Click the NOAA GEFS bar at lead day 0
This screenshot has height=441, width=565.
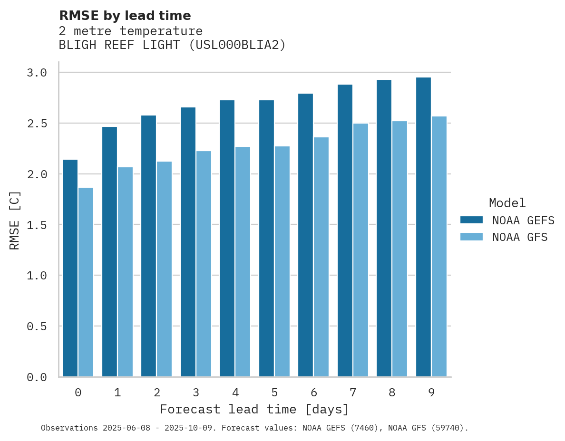[70, 268]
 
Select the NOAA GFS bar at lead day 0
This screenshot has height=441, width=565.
[86, 282]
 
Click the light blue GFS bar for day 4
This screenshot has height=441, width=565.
[243, 261]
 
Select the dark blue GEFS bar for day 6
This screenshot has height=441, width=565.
[305, 235]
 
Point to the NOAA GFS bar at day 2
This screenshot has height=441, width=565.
[164, 269]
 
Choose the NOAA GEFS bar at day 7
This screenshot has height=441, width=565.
[345, 230]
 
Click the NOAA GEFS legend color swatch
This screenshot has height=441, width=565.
[471, 220]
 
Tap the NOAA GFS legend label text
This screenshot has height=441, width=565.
[520, 237]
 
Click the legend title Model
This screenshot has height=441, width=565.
[507, 203]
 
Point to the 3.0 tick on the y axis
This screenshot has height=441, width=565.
[37, 73]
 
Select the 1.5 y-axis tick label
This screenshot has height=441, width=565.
[37, 225]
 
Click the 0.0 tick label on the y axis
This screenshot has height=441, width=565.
[37, 377]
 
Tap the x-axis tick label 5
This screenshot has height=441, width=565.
[274, 393]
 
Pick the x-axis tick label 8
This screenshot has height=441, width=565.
[392, 393]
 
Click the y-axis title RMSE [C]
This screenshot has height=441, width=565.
[15, 220]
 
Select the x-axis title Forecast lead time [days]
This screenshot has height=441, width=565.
[254, 410]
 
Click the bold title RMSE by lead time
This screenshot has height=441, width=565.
[125, 16]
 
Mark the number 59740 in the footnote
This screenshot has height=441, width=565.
[448, 428]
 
